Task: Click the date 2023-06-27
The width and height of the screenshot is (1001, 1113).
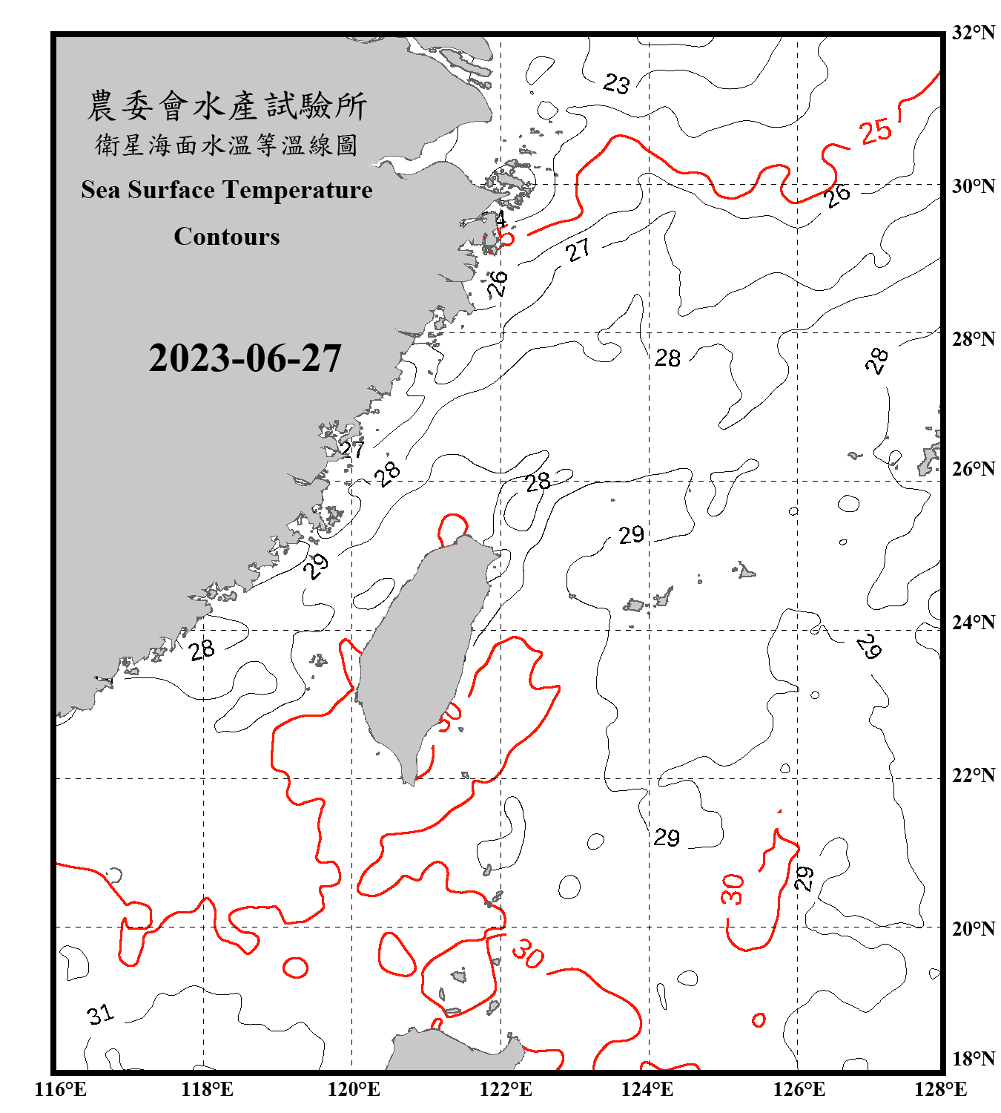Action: click(x=245, y=358)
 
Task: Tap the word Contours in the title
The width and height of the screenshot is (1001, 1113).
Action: click(x=227, y=237)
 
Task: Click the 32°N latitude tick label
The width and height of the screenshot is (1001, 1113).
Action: click(x=973, y=33)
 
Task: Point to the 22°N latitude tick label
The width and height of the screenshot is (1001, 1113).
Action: click(x=973, y=775)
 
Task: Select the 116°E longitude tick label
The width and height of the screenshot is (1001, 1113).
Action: click(x=61, y=1089)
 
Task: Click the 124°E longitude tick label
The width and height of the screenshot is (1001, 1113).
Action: click(x=647, y=1089)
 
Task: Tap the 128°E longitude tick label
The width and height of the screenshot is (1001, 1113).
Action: click(x=940, y=1089)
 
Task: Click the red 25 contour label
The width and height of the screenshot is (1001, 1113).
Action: click(x=875, y=131)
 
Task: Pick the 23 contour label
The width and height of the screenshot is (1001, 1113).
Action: click(x=615, y=83)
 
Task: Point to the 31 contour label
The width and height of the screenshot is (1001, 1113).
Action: click(x=100, y=1014)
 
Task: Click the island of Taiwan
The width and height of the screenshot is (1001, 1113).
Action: click(x=419, y=653)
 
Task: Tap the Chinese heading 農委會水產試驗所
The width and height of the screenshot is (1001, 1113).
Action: click(x=227, y=106)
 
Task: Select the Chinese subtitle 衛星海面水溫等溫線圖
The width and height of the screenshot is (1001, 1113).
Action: click(x=227, y=145)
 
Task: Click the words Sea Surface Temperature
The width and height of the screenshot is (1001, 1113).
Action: click(x=227, y=190)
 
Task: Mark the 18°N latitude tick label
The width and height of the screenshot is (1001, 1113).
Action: click(x=973, y=1059)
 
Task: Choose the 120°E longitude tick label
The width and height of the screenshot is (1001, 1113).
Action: click(x=354, y=1089)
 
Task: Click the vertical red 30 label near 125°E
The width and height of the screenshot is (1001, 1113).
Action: click(x=733, y=889)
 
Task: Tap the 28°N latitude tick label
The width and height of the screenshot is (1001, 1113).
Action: click(x=973, y=339)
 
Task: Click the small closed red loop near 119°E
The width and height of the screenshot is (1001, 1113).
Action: click(x=295, y=968)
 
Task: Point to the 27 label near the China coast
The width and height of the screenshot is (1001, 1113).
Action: click(x=352, y=449)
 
